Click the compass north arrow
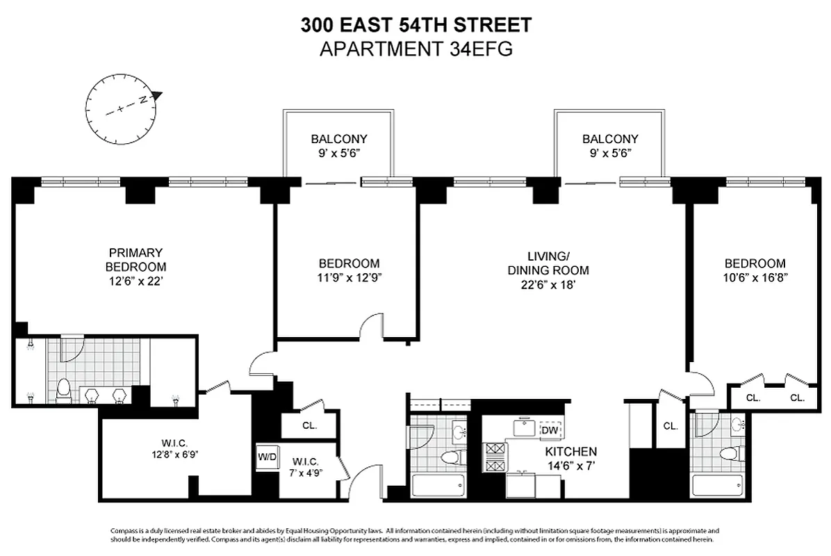pyautogui.click(x=157, y=95)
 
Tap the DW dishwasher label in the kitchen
pyautogui.click(x=550, y=431)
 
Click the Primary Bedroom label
pyautogui.click(x=136, y=259)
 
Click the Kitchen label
pyautogui.click(x=570, y=451)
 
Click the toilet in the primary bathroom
pyautogui.click(x=63, y=390)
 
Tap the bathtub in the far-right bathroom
pyautogui.click(x=720, y=485)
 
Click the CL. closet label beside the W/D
pyautogui.click(x=310, y=426)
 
